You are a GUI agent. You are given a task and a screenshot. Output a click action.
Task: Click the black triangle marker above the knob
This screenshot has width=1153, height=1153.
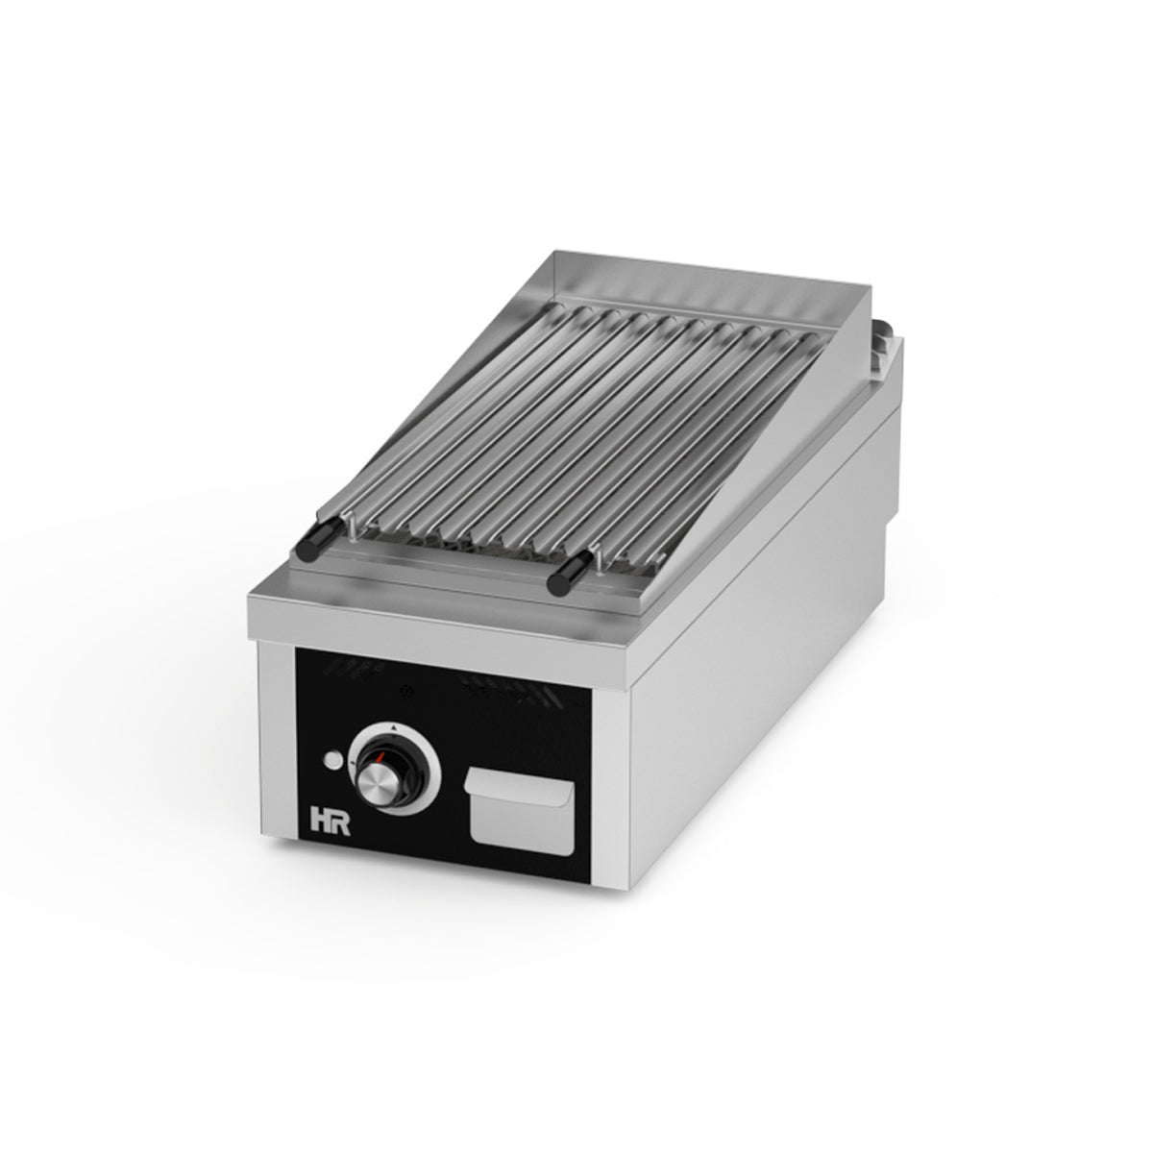point(397,727)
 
